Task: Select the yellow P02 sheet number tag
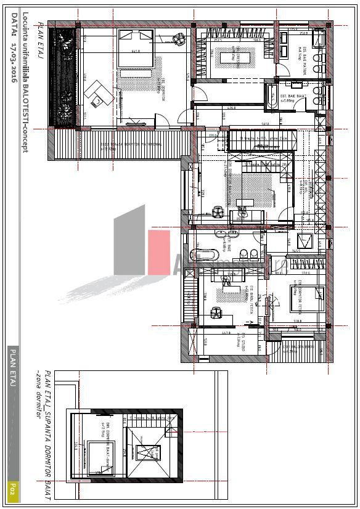coord(12,491)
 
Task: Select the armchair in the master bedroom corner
coord(179,38)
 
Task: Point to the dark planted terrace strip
coord(65,77)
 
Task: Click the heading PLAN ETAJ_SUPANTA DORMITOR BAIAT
coord(49,431)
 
